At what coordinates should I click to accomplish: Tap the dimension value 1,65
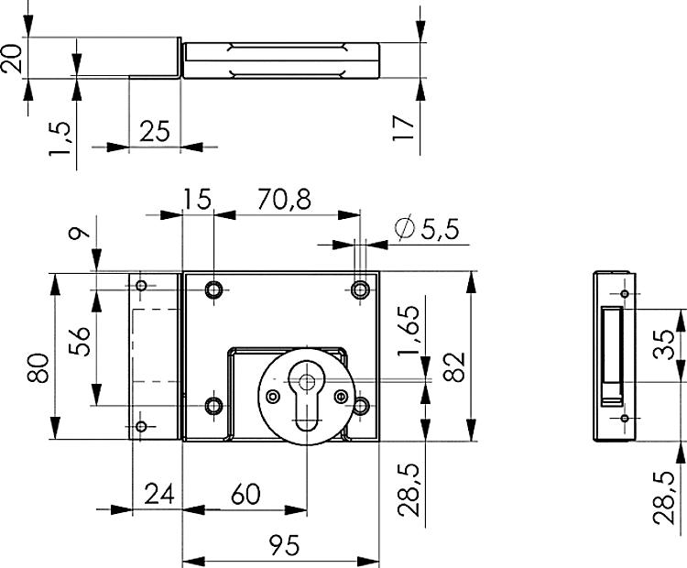pyautogui.click(x=409, y=333)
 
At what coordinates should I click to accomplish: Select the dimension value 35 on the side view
pyautogui.click(x=667, y=344)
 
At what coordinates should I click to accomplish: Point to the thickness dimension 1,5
pyautogui.click(x=60, y=137)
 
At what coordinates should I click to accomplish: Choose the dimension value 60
pyautogui.click(x=245, y=495)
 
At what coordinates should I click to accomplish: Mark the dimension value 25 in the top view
pyautogui.click(x=155, y=131)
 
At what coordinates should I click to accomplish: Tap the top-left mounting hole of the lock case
pyautogui.click(x=214, y=290)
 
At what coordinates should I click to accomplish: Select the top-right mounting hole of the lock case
pyautogui.click(x=360, y=290)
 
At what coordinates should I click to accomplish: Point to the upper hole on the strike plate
pyautogui.click(x=141, y=288)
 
